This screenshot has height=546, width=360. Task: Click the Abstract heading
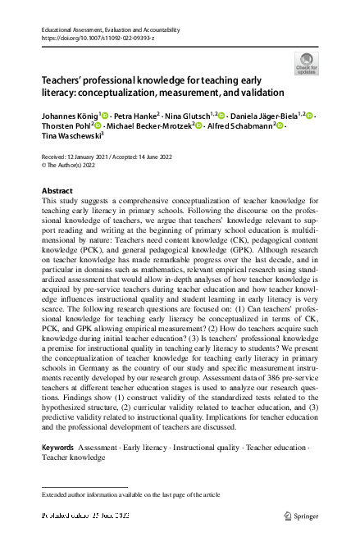pos(57,190)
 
